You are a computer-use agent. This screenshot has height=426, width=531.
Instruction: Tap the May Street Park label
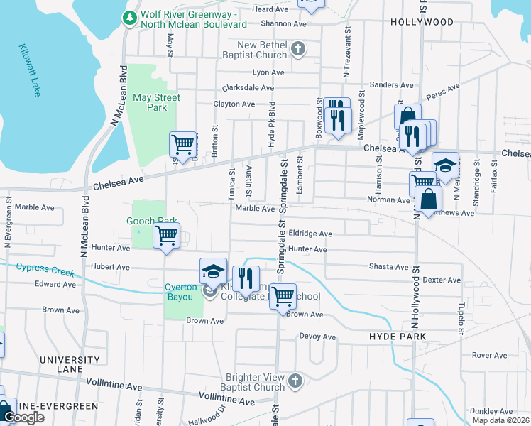point(156,102)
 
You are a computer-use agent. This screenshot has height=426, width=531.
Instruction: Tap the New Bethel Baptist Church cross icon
point(298,50)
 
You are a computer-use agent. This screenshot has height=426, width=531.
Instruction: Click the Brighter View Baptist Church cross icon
point(295,382)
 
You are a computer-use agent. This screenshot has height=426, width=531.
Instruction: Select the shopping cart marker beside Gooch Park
point(166,235)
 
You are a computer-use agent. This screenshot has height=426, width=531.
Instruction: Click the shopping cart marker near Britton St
point(182,144)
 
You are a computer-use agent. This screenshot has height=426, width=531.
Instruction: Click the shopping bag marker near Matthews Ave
point(429,200)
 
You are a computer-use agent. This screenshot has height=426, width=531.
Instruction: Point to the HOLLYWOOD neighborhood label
point(422,22)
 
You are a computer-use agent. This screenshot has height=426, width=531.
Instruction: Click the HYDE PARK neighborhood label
point(398,336)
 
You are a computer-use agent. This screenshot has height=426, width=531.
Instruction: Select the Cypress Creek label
point(46,269)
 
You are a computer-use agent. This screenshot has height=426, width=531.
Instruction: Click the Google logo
point(23,417)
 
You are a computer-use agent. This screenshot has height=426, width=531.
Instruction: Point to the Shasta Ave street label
point(388,267)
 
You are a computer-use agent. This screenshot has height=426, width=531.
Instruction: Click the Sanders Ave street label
point(392,84)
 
